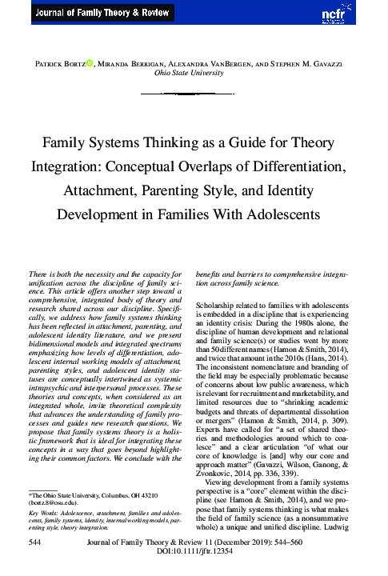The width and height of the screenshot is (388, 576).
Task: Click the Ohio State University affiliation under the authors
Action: [194, 72]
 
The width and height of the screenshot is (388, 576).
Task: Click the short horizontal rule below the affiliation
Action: [194, 94]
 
